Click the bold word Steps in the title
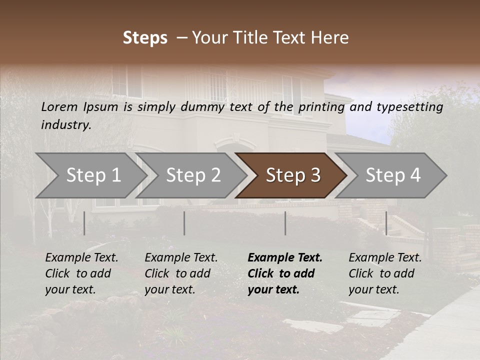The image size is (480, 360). (145, 38)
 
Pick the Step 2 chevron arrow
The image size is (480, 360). (193, 175)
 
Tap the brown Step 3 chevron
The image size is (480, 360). (292, 175)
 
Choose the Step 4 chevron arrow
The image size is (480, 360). (393, 175)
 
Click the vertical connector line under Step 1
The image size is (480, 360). (84, 223)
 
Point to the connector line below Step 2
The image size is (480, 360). (184, 223)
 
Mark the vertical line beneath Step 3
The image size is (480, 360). (285, 223)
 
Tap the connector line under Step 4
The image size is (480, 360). (386, 223)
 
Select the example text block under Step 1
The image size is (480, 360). (81, 273)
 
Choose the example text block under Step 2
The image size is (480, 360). (181, 273)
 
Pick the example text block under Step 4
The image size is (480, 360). (385, 273)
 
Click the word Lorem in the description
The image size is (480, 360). (59, 107)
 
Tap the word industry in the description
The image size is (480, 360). (66, 125)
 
